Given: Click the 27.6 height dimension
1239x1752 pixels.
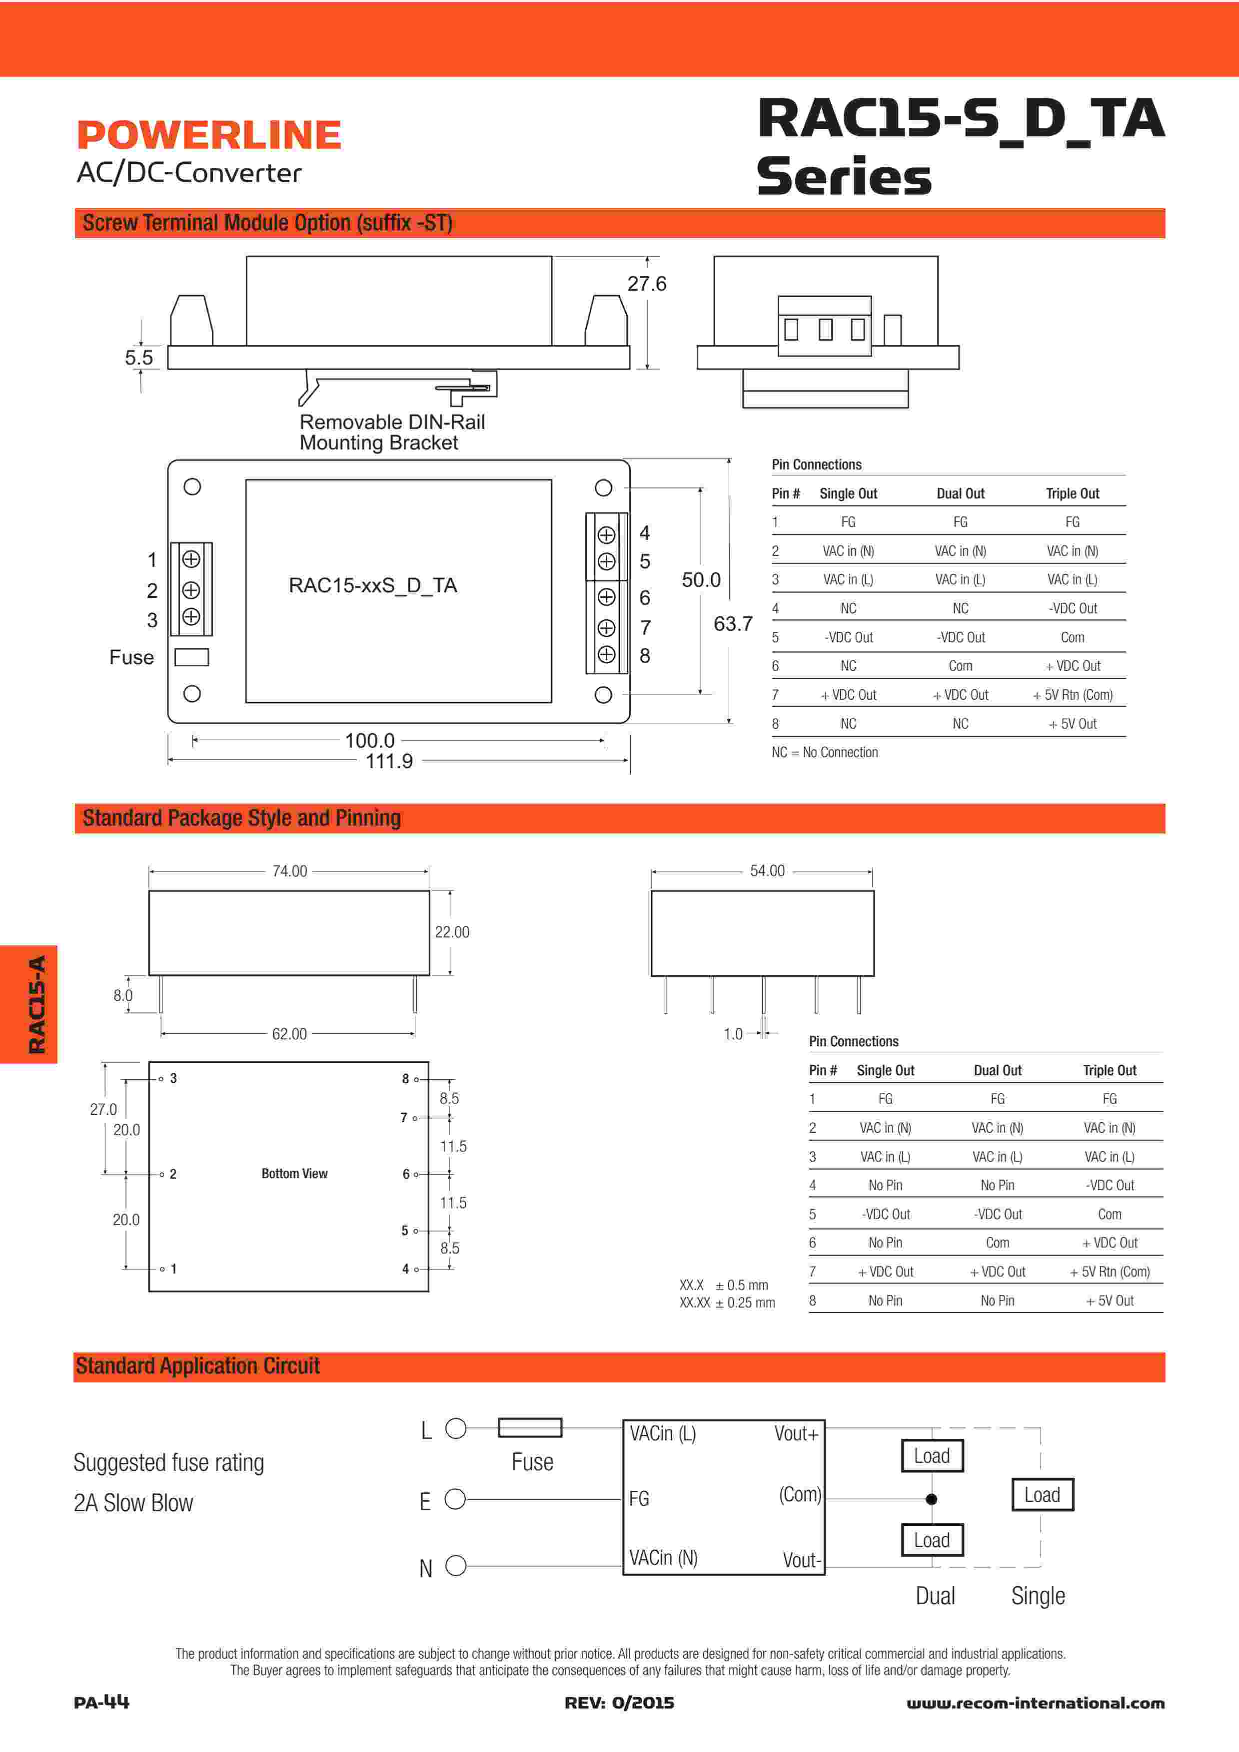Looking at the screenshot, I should pos(647,284).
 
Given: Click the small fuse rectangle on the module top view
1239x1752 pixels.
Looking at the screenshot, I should pos(191,657).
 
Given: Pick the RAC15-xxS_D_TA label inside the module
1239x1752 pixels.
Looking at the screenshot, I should pos(372,585).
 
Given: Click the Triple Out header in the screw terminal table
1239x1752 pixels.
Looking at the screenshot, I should pos(1072,494).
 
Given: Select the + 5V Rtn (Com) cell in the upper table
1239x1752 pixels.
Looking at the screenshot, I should pos(1072,695).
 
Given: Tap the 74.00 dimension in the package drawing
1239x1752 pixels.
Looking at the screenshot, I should pos(289,872).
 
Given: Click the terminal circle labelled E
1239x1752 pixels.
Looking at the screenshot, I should pos(455,1499).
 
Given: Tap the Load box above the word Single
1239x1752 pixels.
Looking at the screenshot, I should pos(1042,1495).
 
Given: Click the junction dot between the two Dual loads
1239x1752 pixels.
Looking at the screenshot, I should pos(931,1499).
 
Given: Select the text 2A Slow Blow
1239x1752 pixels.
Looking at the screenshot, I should pos(133,1503).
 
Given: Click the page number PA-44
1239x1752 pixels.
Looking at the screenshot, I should pos(101,1703).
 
